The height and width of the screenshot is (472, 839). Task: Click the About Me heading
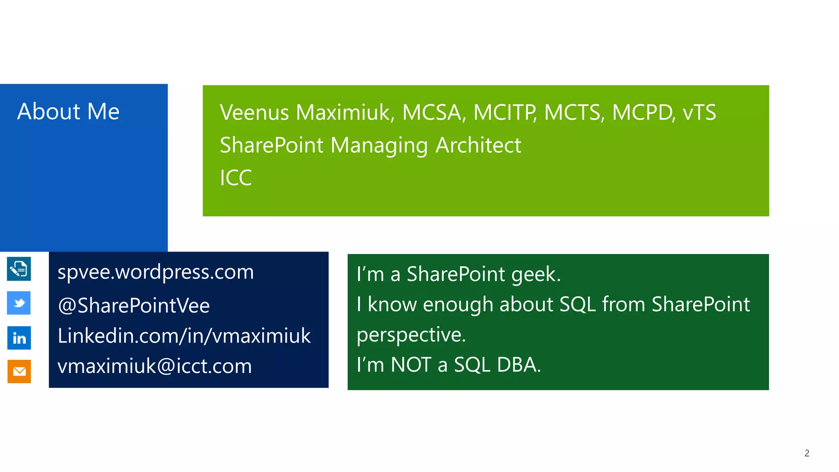(68, 111)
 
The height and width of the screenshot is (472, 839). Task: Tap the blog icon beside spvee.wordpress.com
(19, 269)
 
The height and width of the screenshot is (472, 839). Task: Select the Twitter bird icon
(19, 303)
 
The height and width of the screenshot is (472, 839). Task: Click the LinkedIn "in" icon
(19, 338)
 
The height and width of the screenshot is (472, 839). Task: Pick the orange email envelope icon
(19, 371)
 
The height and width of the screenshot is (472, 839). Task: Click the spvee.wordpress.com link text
(155, 272)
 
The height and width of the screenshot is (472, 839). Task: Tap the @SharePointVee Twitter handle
(134, 306)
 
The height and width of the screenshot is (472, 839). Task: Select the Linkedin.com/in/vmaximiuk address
(184, 336)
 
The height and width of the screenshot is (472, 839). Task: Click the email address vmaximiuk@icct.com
(154, 366)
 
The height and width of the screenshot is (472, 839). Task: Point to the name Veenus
(254, 112)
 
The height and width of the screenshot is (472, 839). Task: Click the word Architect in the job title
(478, 145)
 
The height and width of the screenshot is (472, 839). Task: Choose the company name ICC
(236, 178)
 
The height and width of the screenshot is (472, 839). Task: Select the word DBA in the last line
(519, 365)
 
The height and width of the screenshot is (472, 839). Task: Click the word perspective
(411, 335)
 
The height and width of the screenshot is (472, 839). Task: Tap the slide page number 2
(807, 453)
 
